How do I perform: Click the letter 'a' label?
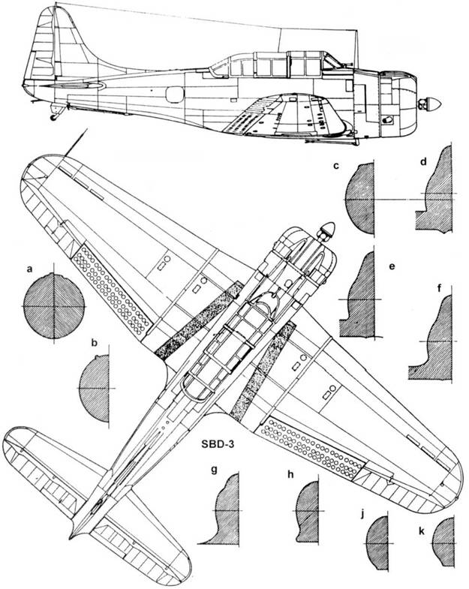[30, 268]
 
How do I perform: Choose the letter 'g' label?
[214, 471]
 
